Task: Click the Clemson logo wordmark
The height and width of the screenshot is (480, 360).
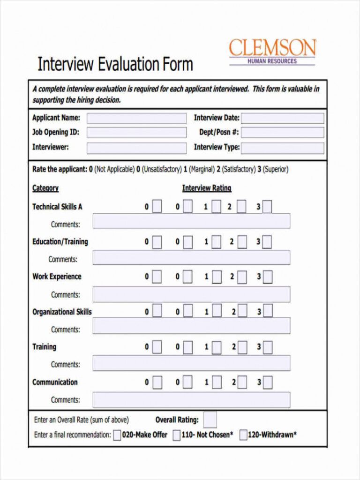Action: [x=272, y=48]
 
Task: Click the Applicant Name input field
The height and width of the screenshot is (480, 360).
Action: [x=136, y=118]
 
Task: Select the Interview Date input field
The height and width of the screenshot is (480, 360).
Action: [x=282, y=118]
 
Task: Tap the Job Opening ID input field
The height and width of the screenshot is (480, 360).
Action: [x=136, y=133]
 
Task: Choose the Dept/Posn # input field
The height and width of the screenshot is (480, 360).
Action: [x=282, y=133]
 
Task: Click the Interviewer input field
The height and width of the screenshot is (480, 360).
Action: [x=136, y=148]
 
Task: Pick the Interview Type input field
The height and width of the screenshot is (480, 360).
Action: [x=282, y=148]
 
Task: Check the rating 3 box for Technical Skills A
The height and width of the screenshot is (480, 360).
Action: [x=267, y=207]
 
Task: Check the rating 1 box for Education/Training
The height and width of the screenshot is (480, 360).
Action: [x=216, y=242]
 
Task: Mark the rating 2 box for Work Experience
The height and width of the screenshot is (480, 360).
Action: [x=242, y=277]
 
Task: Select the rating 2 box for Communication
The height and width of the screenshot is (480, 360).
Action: [x=242, y=382]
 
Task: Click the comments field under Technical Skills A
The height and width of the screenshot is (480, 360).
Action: [x=191, y=221]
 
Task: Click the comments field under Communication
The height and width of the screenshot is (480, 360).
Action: [x=191, y=400]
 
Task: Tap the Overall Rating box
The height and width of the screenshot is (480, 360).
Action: [x=210, y=420]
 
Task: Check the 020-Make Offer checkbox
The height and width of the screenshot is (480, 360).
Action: [x=117, y=435]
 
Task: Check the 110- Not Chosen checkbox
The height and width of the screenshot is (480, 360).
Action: [x=176, y=435]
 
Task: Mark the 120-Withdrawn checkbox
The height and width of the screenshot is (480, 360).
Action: [x=243, y=435]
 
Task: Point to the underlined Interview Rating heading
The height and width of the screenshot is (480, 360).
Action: [x=207, y=188]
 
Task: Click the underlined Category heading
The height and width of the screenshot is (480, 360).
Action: [x=45, y=188]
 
